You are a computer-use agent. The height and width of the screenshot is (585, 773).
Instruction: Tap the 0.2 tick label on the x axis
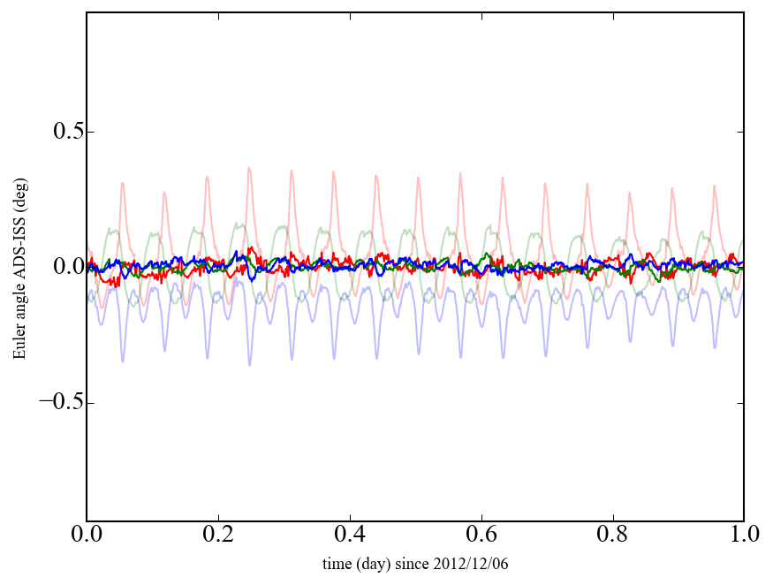tap(218, 536)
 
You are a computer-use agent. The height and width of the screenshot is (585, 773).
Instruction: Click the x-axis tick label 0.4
tap(350, 536)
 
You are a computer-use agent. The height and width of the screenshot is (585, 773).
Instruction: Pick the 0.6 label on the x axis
tap(481, 536)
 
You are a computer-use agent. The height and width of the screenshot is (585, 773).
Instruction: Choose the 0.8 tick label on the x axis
tap(612, 536)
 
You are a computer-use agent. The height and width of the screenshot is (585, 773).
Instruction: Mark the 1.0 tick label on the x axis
tap(743, 536)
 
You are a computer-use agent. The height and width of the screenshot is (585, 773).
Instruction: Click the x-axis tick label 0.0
tap(87, 536)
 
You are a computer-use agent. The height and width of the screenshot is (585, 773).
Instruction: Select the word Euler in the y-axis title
tap(19, 343)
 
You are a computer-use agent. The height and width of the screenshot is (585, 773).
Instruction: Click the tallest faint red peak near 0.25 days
tap(249, 167)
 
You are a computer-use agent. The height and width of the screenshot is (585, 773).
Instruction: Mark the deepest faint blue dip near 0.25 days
tap(249, 365)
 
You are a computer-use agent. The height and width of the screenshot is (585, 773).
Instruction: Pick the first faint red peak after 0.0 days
tap(123, 183)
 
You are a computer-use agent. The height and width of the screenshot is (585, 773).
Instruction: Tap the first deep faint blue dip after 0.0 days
tap(123, 361)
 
